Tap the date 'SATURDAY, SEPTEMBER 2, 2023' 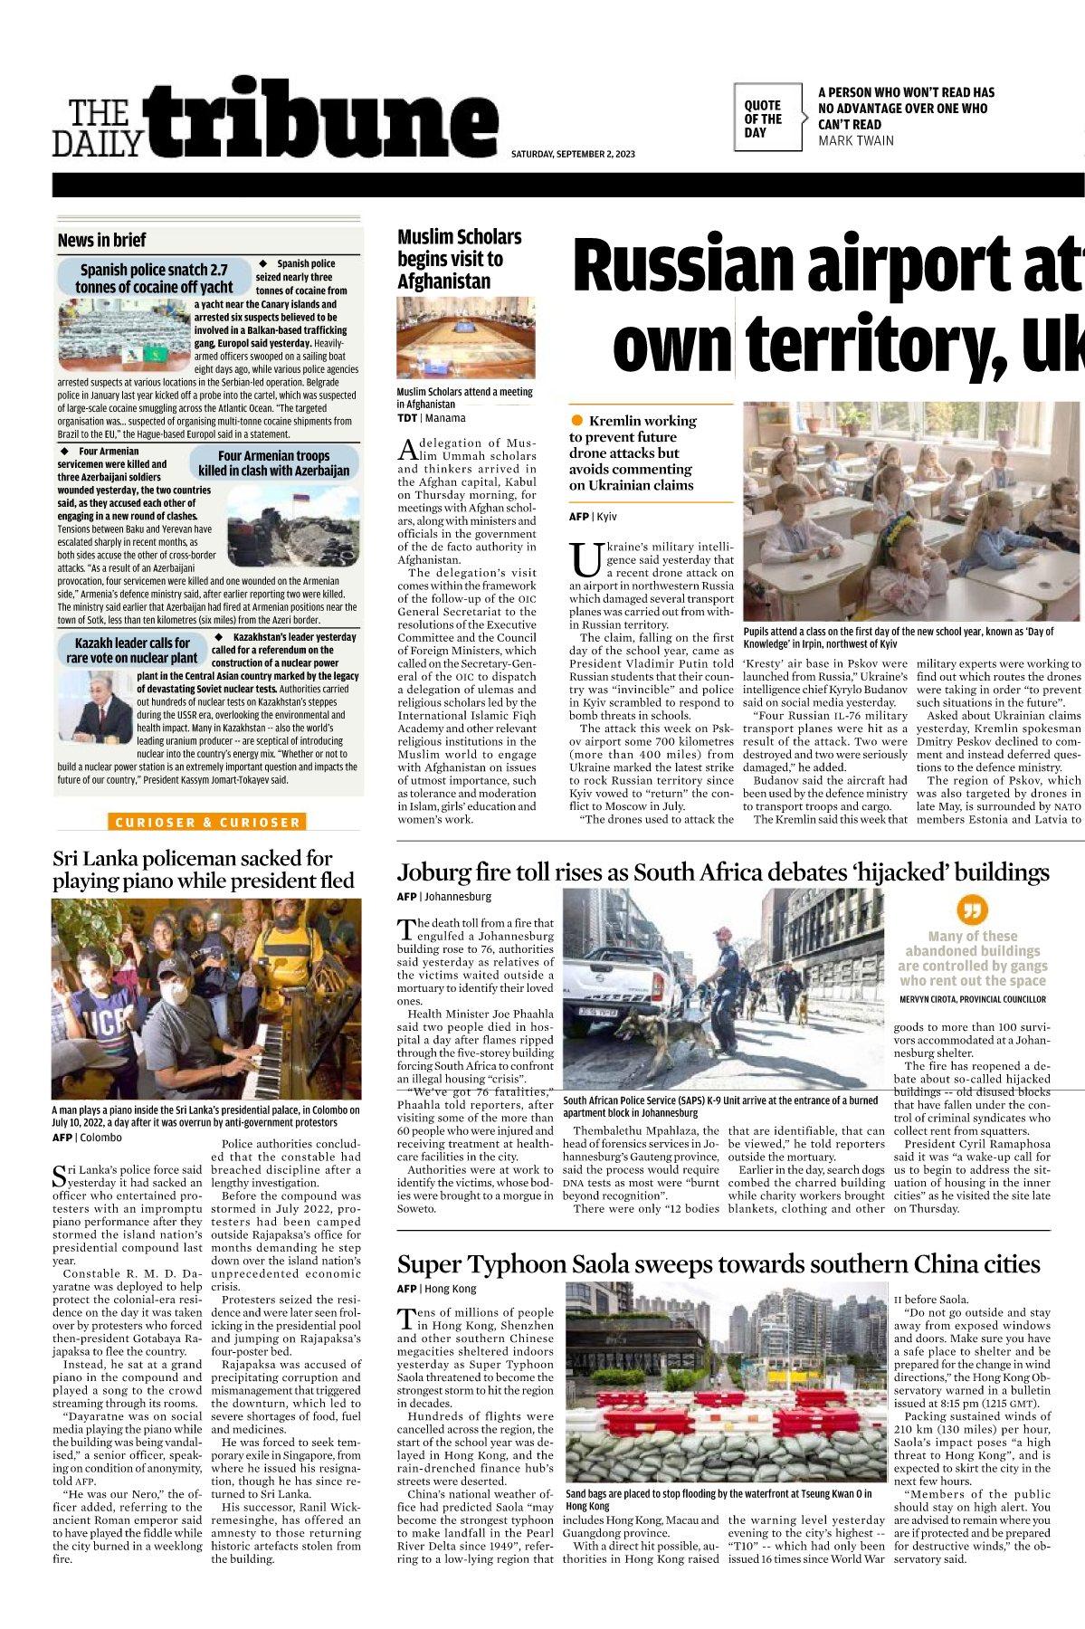point(573,154)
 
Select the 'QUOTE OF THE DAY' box point(767,119)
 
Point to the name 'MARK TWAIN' point(855,141)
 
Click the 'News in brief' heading point(101,240)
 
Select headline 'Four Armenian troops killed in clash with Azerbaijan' point(274,463)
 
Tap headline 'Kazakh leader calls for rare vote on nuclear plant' point(132,650)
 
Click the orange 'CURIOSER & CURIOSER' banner point(206,823)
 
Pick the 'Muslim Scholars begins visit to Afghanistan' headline point(460,259)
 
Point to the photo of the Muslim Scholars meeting point(466,338)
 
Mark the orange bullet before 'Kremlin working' point(577,420)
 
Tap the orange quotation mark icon point(972,910)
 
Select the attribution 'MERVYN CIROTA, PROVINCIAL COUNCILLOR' point(972,999)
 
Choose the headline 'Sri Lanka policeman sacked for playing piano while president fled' point(204,869)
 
